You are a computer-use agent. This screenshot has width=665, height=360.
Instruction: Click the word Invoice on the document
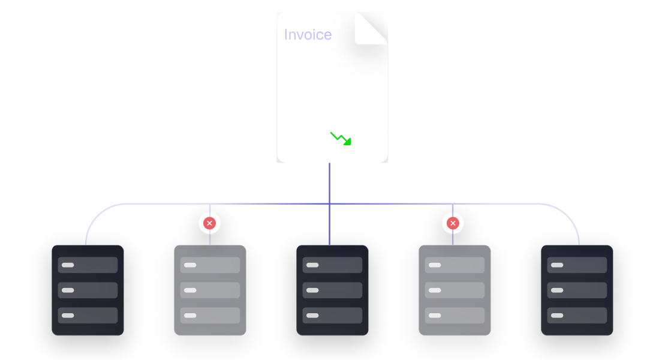[308, 35]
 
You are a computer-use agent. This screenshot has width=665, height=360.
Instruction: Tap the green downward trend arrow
[341, 139]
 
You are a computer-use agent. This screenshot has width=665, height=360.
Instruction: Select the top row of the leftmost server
[88, 265]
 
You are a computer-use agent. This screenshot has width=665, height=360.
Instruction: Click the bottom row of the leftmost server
[88, 315]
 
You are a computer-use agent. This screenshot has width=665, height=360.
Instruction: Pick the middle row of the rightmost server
[577, 290]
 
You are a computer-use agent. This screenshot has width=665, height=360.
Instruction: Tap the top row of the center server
[332, 265]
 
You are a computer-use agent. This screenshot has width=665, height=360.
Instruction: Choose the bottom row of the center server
[332, 315]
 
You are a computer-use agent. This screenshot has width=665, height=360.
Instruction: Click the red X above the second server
[209, 223]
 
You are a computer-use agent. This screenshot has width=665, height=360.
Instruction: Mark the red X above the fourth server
[453, 223]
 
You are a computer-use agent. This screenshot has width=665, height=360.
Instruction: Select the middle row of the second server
[210, 290]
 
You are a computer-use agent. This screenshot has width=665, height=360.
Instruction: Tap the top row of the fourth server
[455, 265]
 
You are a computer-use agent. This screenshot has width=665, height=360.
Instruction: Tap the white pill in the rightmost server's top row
[557, 265]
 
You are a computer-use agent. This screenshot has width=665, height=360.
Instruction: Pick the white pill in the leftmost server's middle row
[68, 290]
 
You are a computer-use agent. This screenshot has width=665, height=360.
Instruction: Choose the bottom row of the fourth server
[455, 315]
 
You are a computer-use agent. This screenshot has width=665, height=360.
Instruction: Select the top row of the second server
[210, 265]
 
